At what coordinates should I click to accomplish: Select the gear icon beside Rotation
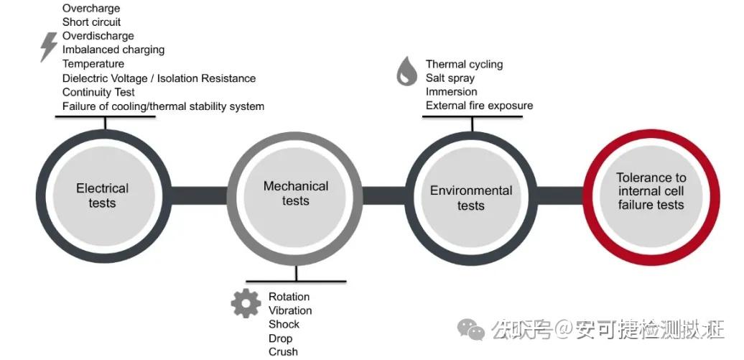point(246,304)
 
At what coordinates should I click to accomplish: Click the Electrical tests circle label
point(102,195)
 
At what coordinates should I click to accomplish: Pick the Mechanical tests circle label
point(296,193)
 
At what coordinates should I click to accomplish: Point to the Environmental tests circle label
point(471,198)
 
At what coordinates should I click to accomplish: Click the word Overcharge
point(91,9)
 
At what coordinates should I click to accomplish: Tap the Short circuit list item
point(91,22)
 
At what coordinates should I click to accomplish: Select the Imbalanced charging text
point(113,50)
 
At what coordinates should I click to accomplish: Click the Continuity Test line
point(98,92)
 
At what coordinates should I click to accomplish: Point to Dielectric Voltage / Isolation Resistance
point(159,78)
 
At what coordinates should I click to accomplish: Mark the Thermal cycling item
point(464,64)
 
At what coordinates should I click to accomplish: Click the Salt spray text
point(450,78)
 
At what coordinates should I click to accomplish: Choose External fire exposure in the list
point(479,106)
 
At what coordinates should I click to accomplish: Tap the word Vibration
point(290,310)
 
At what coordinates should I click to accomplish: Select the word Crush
point(283,351)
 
